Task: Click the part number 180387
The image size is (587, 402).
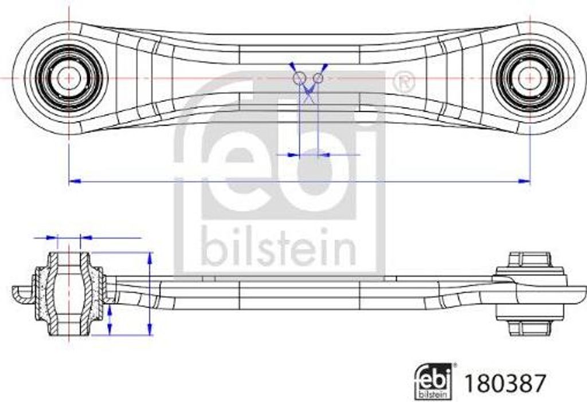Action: click(504, 383)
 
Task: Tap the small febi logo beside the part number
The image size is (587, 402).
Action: click(433, 381)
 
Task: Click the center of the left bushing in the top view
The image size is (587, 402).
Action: click(68, 77)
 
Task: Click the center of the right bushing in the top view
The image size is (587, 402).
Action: click(529, 77)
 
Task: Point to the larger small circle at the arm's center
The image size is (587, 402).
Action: click(299, 78)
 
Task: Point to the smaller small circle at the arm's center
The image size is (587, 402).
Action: click(318, 77)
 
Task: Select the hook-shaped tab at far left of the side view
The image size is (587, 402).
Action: click(22, 293)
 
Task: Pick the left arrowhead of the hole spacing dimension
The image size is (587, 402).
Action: click(293, 155)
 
